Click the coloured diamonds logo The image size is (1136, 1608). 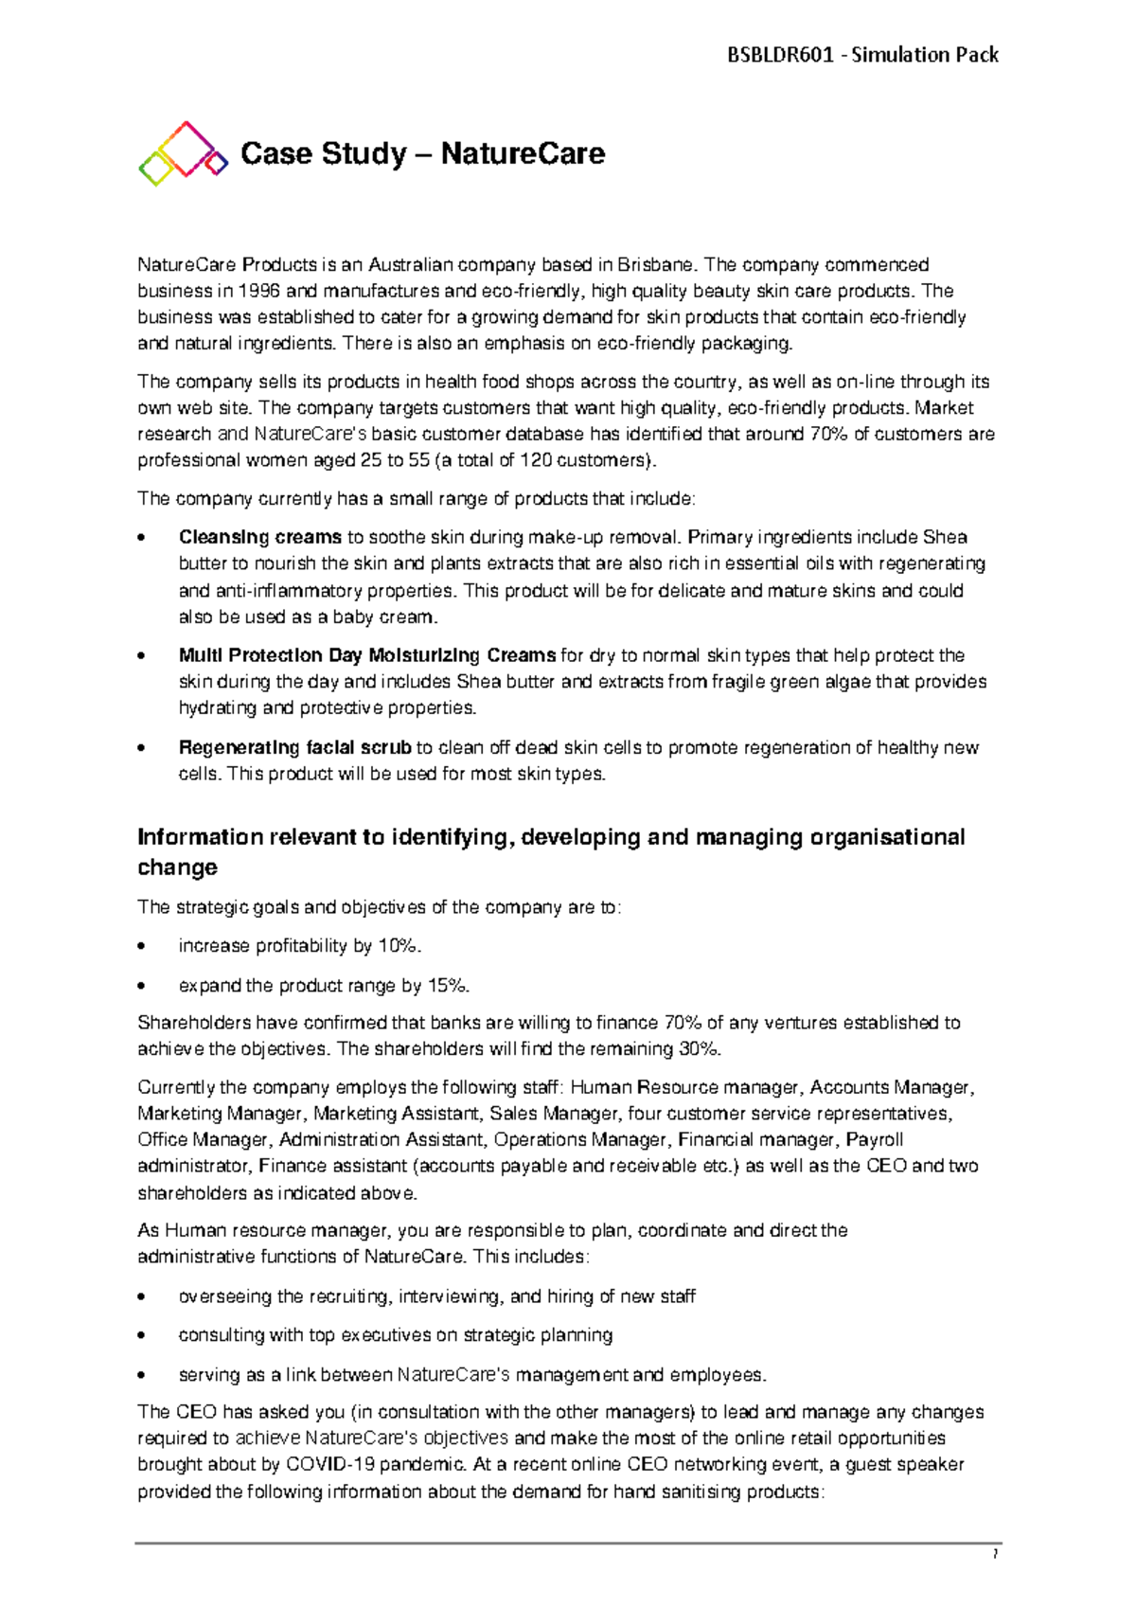click(x=184, y=153)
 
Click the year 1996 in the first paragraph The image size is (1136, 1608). click(x=259, y=291)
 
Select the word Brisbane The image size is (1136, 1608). click(x=655, y=264)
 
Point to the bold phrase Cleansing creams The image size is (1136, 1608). click(x=260, y=537)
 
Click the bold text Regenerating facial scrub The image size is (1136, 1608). click(x=294, y=747)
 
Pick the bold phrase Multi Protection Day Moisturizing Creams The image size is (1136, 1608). click(x=367, y=655)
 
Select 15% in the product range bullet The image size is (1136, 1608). click(x=447, y=986)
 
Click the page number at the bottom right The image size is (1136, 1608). click(x=995, y=1554)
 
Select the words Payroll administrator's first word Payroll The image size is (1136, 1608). click(x=875, y=1139)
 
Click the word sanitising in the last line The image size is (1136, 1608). click(x=704, y=1492)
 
